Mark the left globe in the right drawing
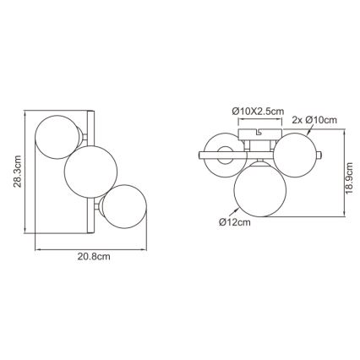click(x=222, y=153)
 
